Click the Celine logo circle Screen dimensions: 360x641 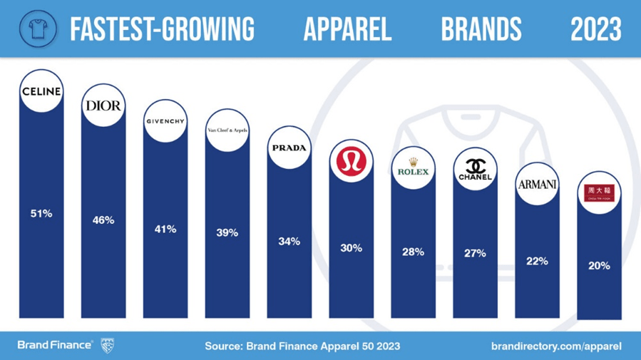[x=42, y=92]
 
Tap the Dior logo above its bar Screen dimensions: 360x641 [x=103, y=106]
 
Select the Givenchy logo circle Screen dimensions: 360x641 [x=165, y=121]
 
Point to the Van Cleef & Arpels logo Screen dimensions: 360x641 [x=227, y=130]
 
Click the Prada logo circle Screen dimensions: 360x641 [x=289, y=148]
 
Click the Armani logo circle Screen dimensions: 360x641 [x=537, y=185]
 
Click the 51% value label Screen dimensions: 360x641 [x=41, y=213]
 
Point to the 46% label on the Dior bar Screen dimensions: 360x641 [x=103, y=220]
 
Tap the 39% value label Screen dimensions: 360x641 [x=227, y=233]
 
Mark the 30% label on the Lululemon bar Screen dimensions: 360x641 [x=352, y=248]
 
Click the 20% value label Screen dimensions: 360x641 [x=598, y=266]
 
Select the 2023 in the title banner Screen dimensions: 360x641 [x=596, y=29]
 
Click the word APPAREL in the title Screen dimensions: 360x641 [x=347, y=29]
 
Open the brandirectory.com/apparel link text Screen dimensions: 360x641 [x=556, y=346]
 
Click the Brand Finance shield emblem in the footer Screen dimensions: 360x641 [x=107, y=345]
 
